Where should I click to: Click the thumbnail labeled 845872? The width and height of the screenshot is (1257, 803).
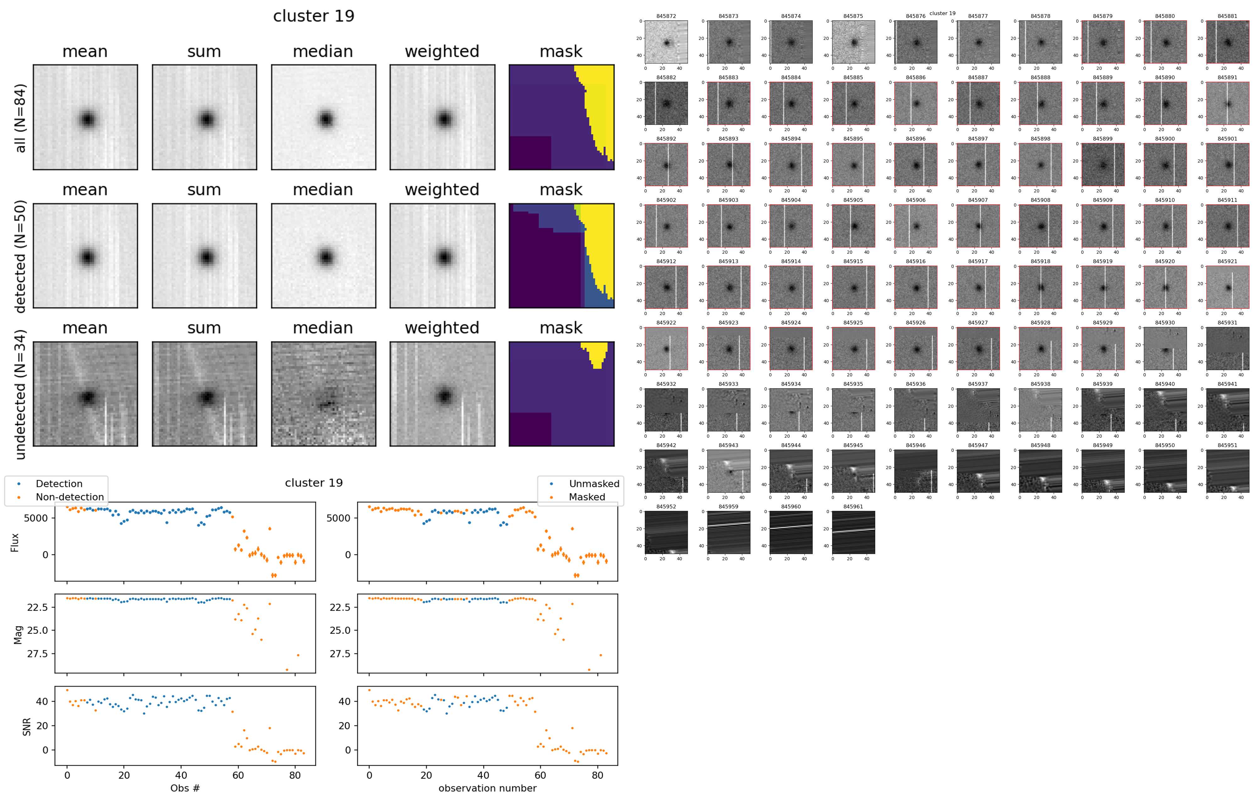(x=666, y=42)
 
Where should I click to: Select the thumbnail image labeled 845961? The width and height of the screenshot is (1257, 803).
(x=854, y=533)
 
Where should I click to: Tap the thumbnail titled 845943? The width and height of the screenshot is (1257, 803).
(x=729, y=471)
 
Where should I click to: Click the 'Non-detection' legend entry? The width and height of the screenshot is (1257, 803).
(x=69, y=497)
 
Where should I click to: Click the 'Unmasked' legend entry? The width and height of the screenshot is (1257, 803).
(x=594, y=484)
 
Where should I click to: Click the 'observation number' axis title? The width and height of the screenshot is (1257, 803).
(x=487, y=788)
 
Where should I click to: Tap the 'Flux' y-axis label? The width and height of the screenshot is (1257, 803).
(x=15, y=542)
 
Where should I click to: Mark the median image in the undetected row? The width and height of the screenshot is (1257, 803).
(x=323, y=394)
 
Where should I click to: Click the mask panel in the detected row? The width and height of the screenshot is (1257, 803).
(x=561, y=256)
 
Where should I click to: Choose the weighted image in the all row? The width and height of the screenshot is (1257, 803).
(x=442, y=118)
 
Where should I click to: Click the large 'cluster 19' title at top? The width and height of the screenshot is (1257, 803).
(x=314, y=16)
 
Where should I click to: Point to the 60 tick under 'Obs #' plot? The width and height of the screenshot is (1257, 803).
(x=238, y=775)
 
